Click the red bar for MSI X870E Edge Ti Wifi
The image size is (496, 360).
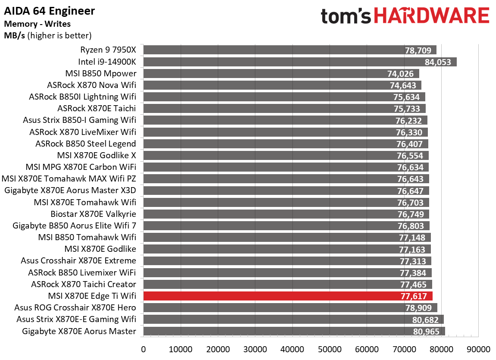tap(288, 296)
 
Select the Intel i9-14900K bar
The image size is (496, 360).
tap(300, 62)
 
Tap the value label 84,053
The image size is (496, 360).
tap(438, 62)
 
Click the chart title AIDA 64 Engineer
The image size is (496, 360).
tap(50, 11)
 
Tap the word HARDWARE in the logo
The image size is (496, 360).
tap(431, 16)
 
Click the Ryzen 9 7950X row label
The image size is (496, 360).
tap(108, 50)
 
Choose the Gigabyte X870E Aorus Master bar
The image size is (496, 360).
tap(294, 331)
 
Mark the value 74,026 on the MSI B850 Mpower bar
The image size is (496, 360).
tap(403, 74)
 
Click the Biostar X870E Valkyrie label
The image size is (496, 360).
tap(93, 214)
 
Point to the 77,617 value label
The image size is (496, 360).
tap(413, 296)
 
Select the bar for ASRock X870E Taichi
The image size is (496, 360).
tap(284, 109)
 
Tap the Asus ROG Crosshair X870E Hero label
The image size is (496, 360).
tap(75, 308)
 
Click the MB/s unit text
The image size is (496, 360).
tap(14, 35)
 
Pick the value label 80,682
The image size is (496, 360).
tap(425, 319)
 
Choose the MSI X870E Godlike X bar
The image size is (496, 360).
tap(286, 156)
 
